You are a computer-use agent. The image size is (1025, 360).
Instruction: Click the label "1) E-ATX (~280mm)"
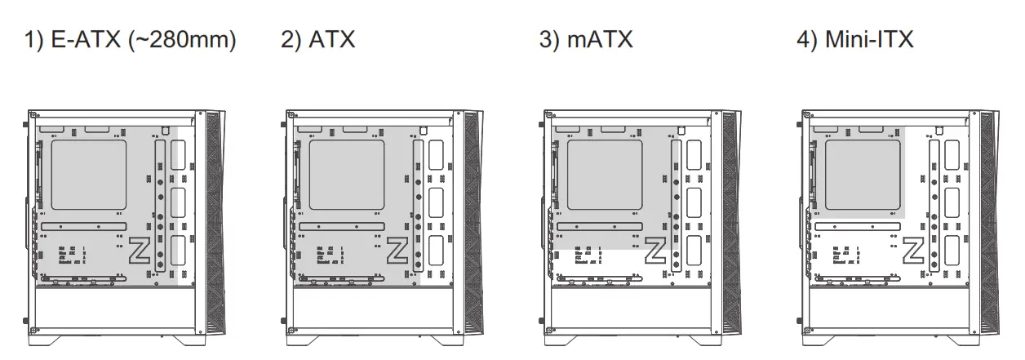click(130, 40)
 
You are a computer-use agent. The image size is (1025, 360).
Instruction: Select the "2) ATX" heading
click(318, 40)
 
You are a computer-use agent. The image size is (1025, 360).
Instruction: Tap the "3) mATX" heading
click(586, 40)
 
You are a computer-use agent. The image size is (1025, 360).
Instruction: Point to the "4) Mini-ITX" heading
click(854, 40)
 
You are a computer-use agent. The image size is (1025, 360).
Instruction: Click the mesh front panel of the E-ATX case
click(215, 220)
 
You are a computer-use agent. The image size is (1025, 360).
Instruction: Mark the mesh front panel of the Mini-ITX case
click(989, 220)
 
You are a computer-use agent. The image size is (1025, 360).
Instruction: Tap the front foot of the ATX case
click(441, 336)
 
